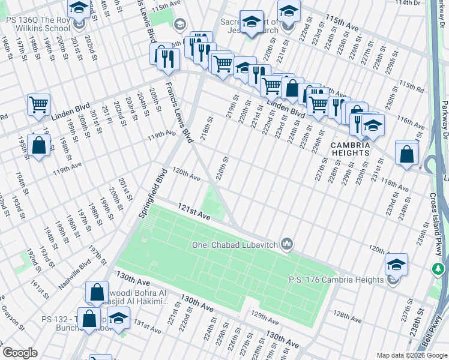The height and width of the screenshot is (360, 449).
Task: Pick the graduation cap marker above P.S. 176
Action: (x=396, y=263)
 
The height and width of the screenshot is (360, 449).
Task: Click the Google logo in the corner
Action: (x=20, y=353)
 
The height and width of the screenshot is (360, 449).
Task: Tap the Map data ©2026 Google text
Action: (x=411, y=355)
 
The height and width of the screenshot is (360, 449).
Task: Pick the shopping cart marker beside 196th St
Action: (x=38, y=104)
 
